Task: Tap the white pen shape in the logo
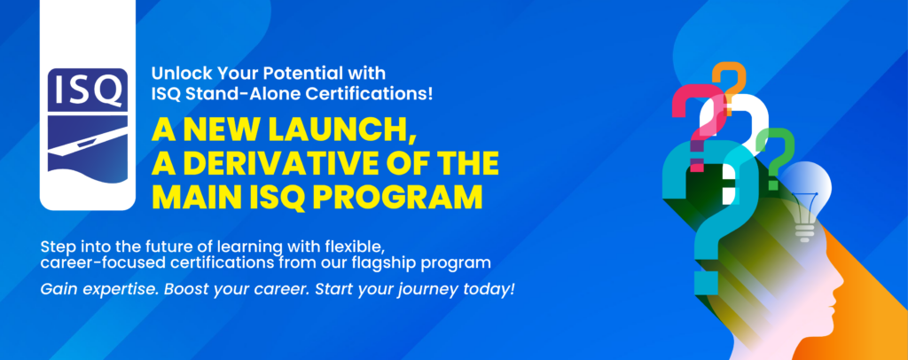coord(87,142)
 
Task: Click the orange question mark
coord(729,87)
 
